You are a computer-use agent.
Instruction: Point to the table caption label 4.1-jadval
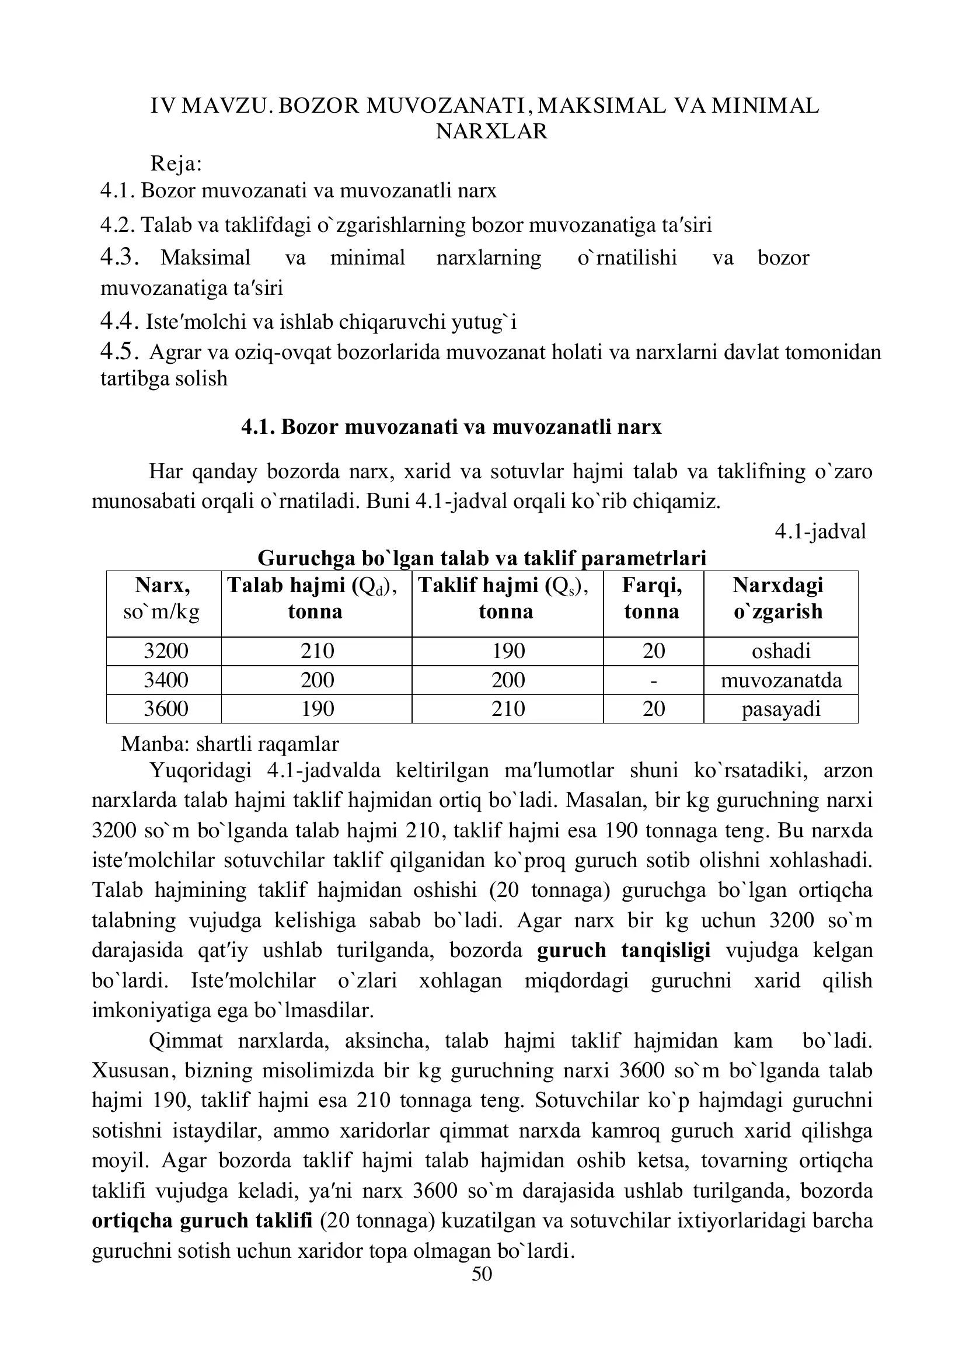click(820, 531)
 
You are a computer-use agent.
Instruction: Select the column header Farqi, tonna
click(652, 599)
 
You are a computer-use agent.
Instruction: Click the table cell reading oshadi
click(781, 651)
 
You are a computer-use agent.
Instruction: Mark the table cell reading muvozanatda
click(781, 680)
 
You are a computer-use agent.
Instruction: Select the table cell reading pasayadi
click(781, 709)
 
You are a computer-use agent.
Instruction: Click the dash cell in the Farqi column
click(654, 680)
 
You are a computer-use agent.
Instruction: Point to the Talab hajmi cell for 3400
click(318, 680)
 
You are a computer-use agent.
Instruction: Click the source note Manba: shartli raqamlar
click(230, 743)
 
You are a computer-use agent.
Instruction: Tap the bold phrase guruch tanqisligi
click(624, 950)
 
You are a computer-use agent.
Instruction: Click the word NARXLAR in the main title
click(491, 131)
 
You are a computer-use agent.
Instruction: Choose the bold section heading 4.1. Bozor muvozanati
click(451, 427)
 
